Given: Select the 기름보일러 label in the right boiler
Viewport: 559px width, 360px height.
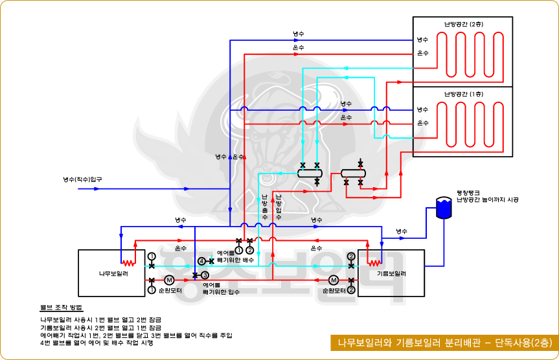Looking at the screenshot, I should pyautogui.click(x=391, y=273).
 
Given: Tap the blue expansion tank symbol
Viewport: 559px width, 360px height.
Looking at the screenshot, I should pyautogui.click(x=444, y=208).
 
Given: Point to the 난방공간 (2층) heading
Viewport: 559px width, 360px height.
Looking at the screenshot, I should pyautogui.click(x=463, y=25).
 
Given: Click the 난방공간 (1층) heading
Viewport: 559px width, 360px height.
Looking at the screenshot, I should pyautogui.click(x=463, y=95).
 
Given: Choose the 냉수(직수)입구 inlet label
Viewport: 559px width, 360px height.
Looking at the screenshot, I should pyautogui.click(x=82, y=179).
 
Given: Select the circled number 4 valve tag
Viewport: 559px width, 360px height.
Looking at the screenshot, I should pyautogui.click(x=201, y=261).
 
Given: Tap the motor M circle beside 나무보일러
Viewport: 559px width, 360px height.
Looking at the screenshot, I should pyautogui.click(x=169, y=280).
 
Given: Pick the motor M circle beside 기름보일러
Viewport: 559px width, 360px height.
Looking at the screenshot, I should pyautogui.click(x=334, y=280).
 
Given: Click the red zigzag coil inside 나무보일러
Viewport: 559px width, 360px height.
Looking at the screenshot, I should pyautogui.click(x=129, y=263).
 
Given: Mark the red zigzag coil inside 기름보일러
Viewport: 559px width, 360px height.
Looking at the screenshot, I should pyautogui.click(x=374, y=263).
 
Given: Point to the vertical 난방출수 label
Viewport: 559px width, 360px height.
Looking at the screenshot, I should pyautogui.click(x=264, y=207).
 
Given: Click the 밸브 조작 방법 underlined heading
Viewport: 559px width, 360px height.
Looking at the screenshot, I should pyautogui.click(x=61, y=306).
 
